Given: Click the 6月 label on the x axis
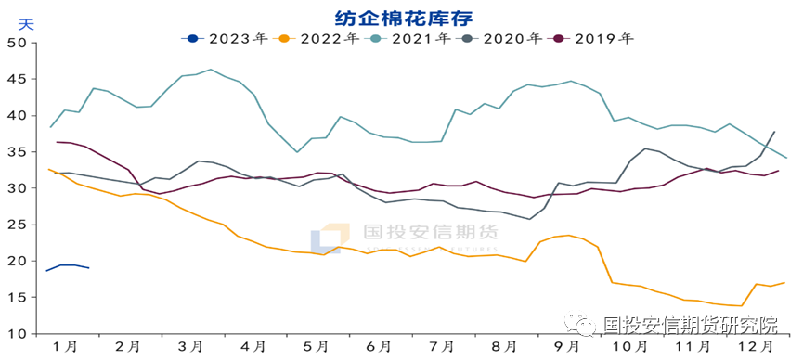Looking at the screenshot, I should tap(377, 346).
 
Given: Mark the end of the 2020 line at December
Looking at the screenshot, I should tap(774, 132).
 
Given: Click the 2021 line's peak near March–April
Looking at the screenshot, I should tap(211, 70).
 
